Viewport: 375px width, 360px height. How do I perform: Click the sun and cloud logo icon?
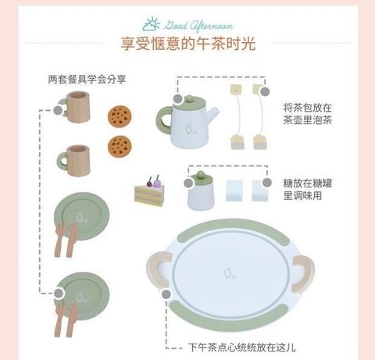151,24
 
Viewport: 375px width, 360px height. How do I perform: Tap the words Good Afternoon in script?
198,26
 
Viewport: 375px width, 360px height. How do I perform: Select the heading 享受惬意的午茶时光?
188,44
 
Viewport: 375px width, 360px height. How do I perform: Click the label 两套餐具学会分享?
87,80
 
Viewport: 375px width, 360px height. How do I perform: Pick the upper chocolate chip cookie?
120,116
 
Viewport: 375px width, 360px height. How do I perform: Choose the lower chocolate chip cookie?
120,147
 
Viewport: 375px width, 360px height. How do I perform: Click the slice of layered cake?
150,191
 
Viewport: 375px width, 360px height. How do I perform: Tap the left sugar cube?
234,191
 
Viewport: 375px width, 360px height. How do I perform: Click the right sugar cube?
260,191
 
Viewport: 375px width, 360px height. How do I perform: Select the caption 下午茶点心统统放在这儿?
242,348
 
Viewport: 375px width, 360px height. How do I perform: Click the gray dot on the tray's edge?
166,294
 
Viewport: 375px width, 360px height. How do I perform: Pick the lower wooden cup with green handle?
73,161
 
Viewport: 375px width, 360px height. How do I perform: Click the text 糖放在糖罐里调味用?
308,189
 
